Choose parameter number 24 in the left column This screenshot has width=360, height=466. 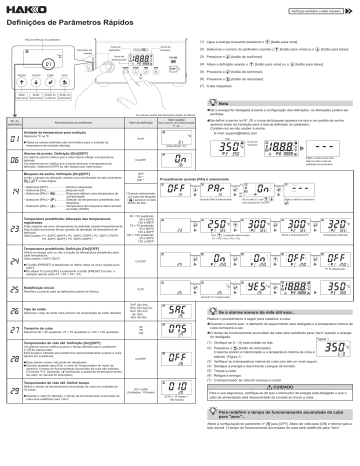point(11,263)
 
